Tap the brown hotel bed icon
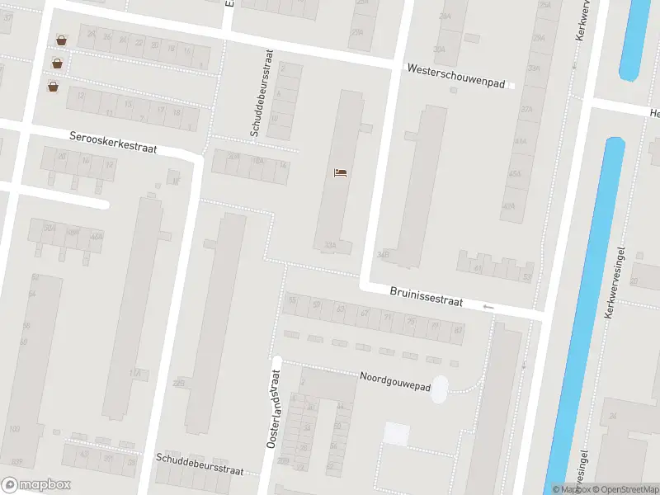340,172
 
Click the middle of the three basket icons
57,63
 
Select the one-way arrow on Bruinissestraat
488,307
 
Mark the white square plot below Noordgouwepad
397,434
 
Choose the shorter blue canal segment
635,40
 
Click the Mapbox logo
35,485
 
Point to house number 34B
382,255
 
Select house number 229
179,383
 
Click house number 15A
134,374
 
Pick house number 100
14,429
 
